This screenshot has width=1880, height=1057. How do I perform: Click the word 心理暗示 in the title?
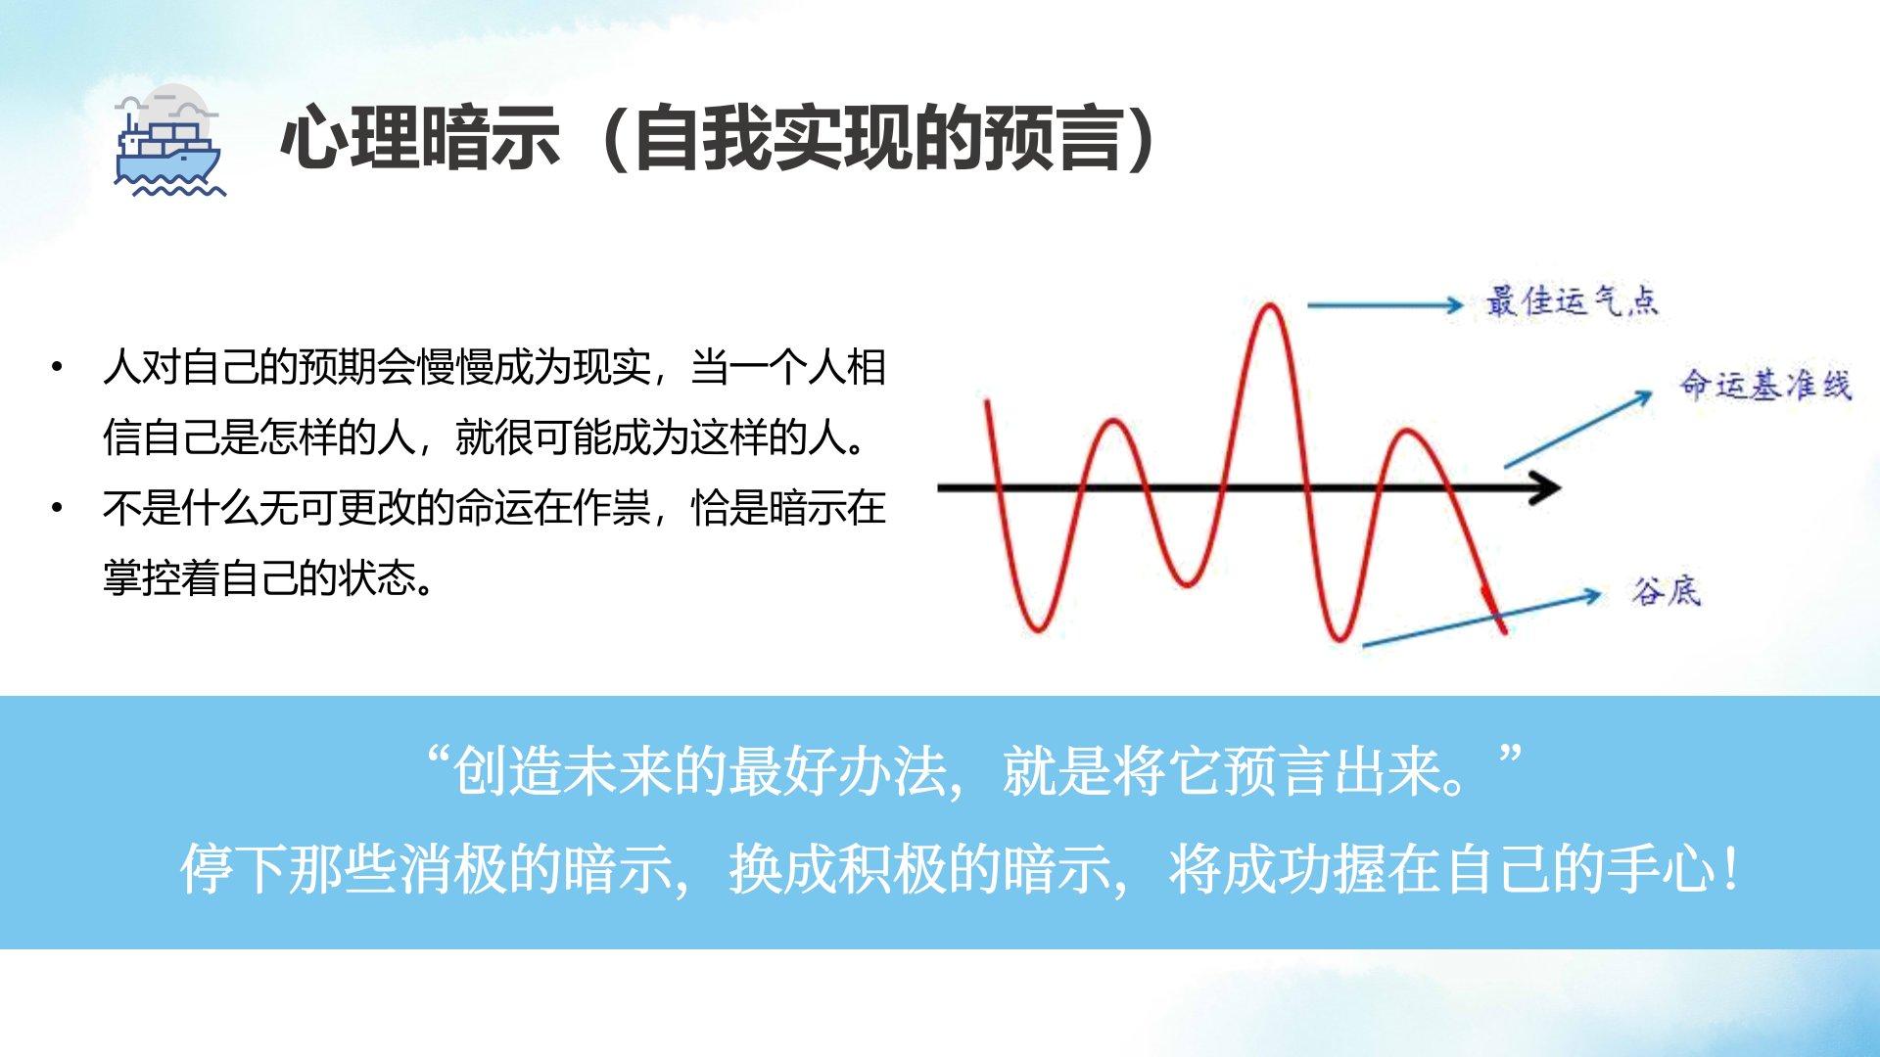click(421, 138)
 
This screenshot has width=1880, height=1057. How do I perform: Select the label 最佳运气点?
click(1572, 301)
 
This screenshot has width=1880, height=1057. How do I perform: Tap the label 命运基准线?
click(1765, 385)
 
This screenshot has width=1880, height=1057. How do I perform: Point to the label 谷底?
click(1666, 591)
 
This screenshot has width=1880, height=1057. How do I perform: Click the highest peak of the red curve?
click(1270, 306)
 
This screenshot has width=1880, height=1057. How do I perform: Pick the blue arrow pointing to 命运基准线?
click(1578, 429)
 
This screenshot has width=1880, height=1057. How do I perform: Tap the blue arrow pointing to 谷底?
click(1481, 619)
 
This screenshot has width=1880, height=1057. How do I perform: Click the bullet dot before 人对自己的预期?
click(58, 368)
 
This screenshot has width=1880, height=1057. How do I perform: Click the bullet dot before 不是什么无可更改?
click(58, 508)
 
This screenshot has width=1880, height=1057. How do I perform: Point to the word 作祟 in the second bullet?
click(612, 508)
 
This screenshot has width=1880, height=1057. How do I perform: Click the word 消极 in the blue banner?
click(453, 869)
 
